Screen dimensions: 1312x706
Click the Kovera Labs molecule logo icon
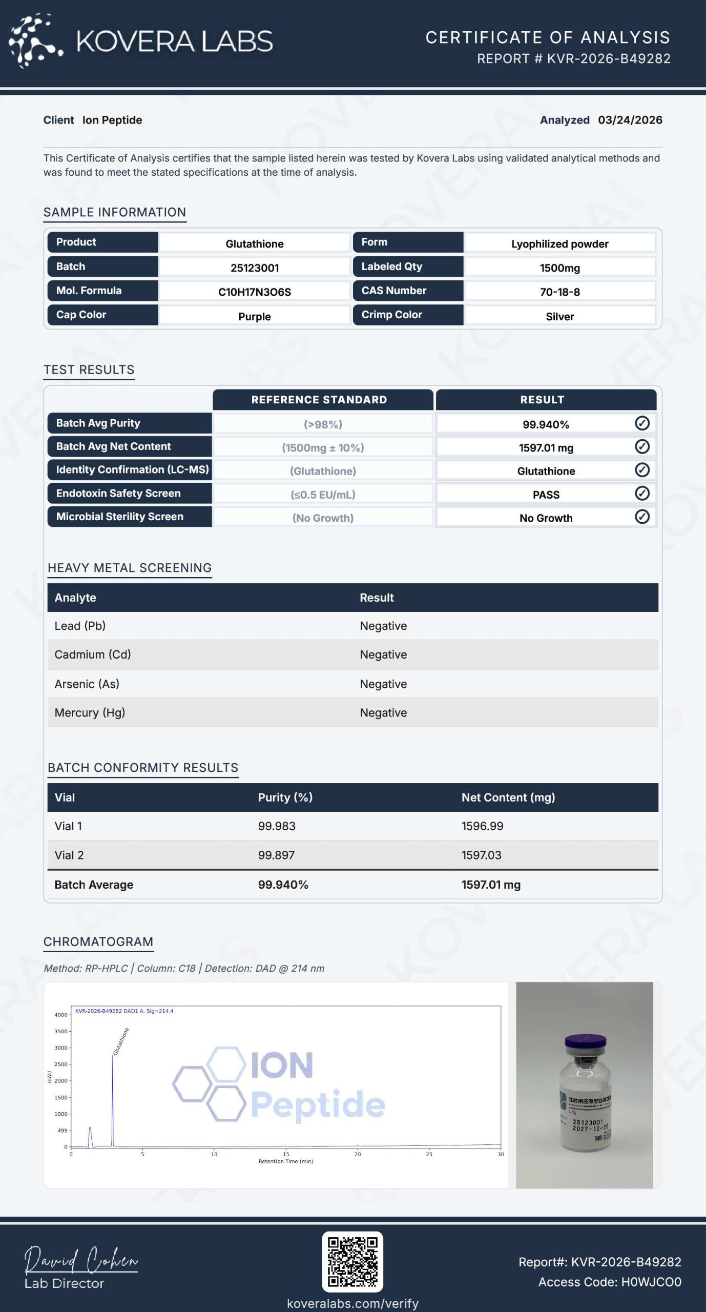(x=35, y=41)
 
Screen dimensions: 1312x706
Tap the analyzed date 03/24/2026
(x=630, y=120)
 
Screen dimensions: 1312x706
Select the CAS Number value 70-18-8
(x=559, y=292)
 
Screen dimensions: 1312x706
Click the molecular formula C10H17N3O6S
(x=254, y=292)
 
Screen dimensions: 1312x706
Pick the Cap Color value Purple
(x=254, y=316)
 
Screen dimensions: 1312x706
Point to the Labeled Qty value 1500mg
(x=559, y=268)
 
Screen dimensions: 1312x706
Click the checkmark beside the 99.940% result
(x=642, y=423)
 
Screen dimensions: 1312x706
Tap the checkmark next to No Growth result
(x=642, y=517)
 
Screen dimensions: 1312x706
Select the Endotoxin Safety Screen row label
(x=118, y=493)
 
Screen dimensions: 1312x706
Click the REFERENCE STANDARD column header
(x=319, y=400)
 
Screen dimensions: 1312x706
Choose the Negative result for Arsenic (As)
(x=383, y=684)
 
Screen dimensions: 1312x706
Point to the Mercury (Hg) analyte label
(x=90, y=712)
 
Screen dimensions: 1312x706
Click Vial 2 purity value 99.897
(x=276, y=855)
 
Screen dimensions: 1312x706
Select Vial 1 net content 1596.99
(x=482, y=826)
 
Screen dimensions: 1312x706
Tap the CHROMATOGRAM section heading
(x=98, y=941)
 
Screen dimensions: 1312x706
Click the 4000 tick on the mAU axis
(x=61, y=1015)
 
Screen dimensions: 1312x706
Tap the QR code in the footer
(x=352, y=1261)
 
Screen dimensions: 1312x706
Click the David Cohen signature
(x=81, y=1260)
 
